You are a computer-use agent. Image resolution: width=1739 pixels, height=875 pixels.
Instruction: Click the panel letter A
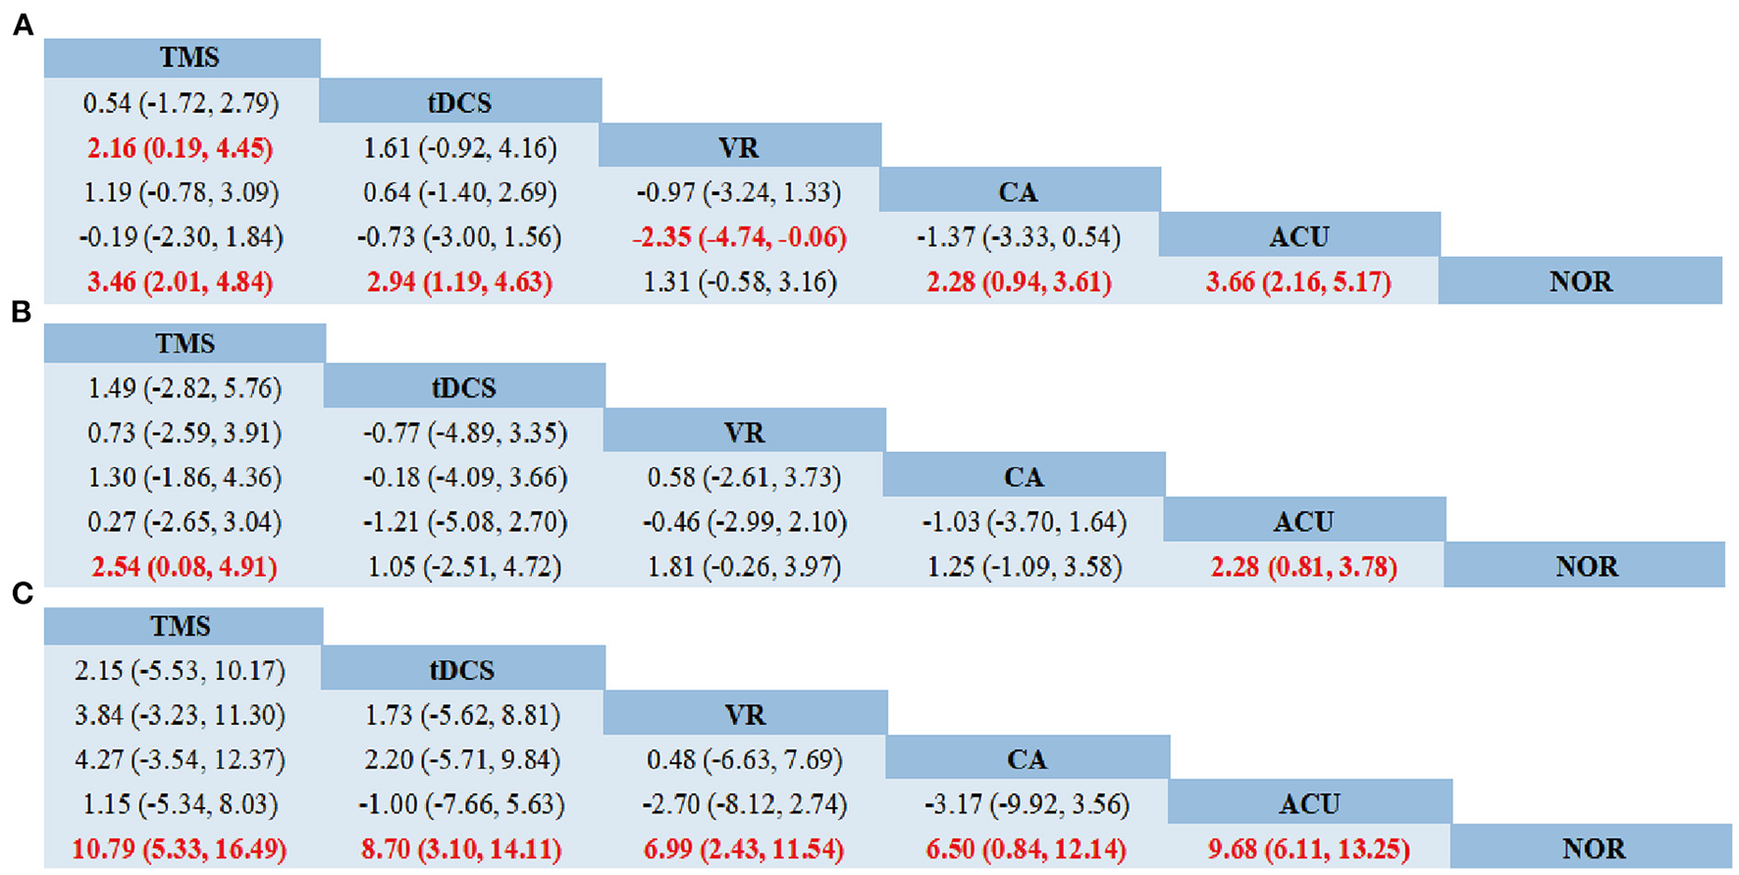23,26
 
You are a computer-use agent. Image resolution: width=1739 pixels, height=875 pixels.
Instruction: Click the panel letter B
21,312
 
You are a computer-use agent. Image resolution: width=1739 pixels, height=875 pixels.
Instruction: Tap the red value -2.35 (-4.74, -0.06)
739,237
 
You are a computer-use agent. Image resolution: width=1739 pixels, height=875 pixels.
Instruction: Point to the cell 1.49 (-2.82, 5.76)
184,388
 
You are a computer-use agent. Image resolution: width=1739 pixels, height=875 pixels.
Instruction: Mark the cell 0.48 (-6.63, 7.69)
744,760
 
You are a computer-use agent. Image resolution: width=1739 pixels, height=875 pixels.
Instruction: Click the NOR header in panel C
1593,849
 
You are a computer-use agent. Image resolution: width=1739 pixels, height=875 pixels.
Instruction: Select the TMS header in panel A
188,58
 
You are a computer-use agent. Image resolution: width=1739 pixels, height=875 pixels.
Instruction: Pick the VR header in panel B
743,433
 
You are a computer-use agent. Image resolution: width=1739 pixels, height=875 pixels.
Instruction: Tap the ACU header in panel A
1299,237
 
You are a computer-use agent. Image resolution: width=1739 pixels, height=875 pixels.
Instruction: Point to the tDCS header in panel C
461,671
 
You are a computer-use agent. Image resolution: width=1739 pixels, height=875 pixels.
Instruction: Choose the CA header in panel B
1023,478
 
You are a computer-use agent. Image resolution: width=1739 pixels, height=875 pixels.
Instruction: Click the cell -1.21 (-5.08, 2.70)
463,522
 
